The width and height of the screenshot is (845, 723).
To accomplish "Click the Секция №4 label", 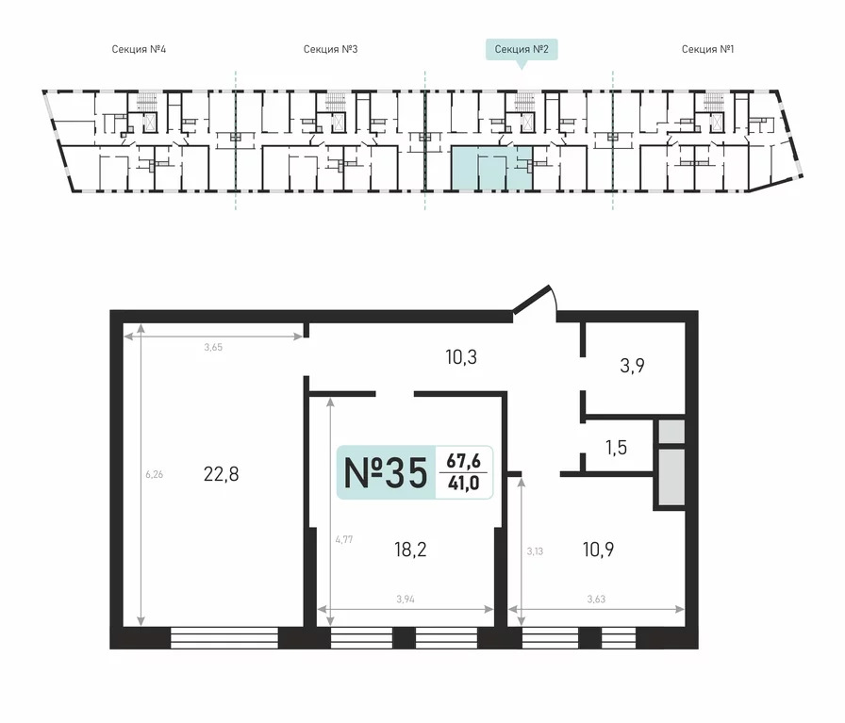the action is [139, 49].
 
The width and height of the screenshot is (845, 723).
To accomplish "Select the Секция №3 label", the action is [330, 49].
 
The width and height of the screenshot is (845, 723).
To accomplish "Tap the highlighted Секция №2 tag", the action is [522, 50].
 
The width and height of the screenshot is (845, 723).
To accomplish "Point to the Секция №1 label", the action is [707, 49].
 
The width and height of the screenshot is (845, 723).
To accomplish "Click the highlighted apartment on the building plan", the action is [491, 168].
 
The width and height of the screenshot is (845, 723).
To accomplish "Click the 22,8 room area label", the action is [221, 474].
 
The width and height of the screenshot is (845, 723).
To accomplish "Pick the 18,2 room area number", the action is [410, 550].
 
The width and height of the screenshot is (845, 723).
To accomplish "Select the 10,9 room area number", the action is [598, 550].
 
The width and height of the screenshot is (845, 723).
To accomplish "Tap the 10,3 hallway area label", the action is [461, 356].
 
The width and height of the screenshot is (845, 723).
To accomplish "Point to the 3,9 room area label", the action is [632, 366].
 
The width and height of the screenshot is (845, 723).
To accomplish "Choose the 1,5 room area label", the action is [616, 447].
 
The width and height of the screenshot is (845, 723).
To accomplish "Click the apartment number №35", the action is [386, 473].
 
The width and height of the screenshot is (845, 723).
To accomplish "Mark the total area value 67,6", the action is [463, 461].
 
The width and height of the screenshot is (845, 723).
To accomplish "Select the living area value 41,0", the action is [463, 484].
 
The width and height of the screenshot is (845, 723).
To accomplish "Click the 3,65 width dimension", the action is [213, 347].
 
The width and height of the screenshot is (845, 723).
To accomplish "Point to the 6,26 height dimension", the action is [154, 475].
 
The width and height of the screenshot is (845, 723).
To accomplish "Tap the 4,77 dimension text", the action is [344, 539].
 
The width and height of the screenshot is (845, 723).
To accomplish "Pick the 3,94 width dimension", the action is [406, 599].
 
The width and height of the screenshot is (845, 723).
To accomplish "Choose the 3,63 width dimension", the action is [596, 599].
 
